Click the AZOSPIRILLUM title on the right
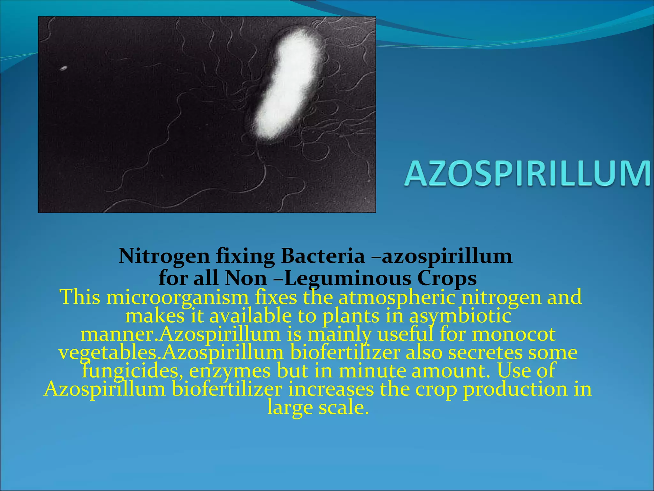pyautogui.click(x=527, y=173)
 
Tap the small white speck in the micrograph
pyautogui.click(x=64, y=68)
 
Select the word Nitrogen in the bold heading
pyautogui.click(x=164, y=256)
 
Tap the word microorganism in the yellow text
pyautogui.click(x=177, y=297)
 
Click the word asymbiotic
pyautogui.click(x=460, y=316)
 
